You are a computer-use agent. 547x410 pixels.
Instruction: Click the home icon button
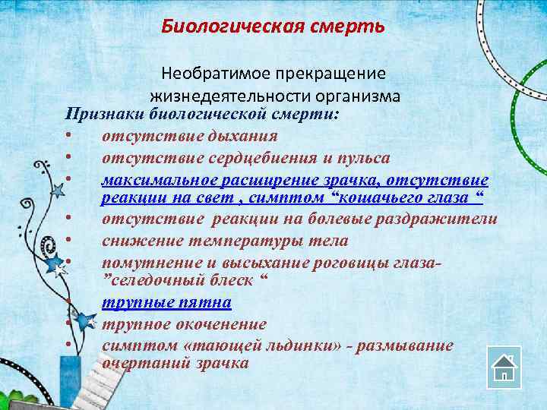504,368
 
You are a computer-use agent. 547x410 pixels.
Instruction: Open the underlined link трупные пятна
166,302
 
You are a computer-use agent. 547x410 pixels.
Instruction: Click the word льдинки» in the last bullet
292,345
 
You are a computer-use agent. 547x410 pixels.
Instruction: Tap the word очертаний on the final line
145,363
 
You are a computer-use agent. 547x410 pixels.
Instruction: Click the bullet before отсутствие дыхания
68,137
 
